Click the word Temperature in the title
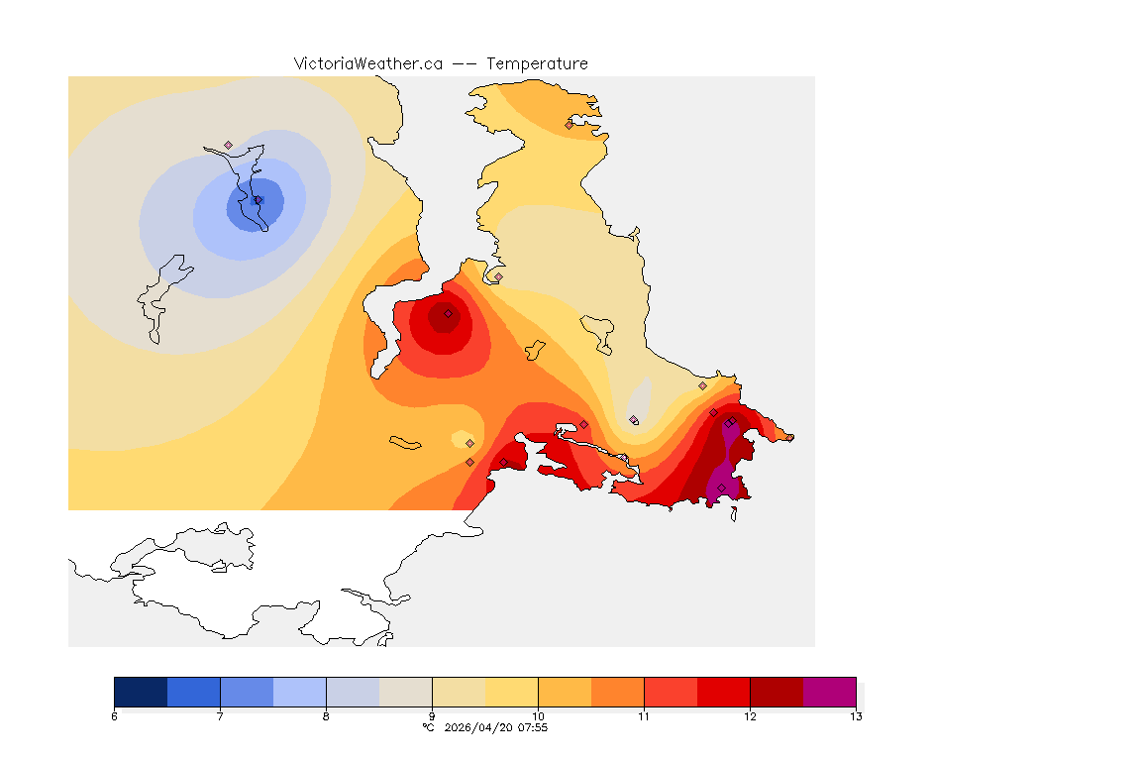537,63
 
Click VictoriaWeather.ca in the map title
367,63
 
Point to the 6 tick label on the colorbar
115,716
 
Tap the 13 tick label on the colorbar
855,716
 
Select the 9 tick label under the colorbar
432,716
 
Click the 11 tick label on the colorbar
644,716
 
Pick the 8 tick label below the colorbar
326,716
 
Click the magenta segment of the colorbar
829,691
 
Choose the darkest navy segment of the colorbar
141,691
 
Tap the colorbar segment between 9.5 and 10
511,691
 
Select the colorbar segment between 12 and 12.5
777,691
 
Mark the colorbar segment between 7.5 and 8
299,691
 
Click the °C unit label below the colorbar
428,727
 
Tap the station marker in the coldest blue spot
258,200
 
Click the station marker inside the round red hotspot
448,313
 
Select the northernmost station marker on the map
569,125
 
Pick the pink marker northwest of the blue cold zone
228,145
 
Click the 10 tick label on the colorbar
538,716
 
